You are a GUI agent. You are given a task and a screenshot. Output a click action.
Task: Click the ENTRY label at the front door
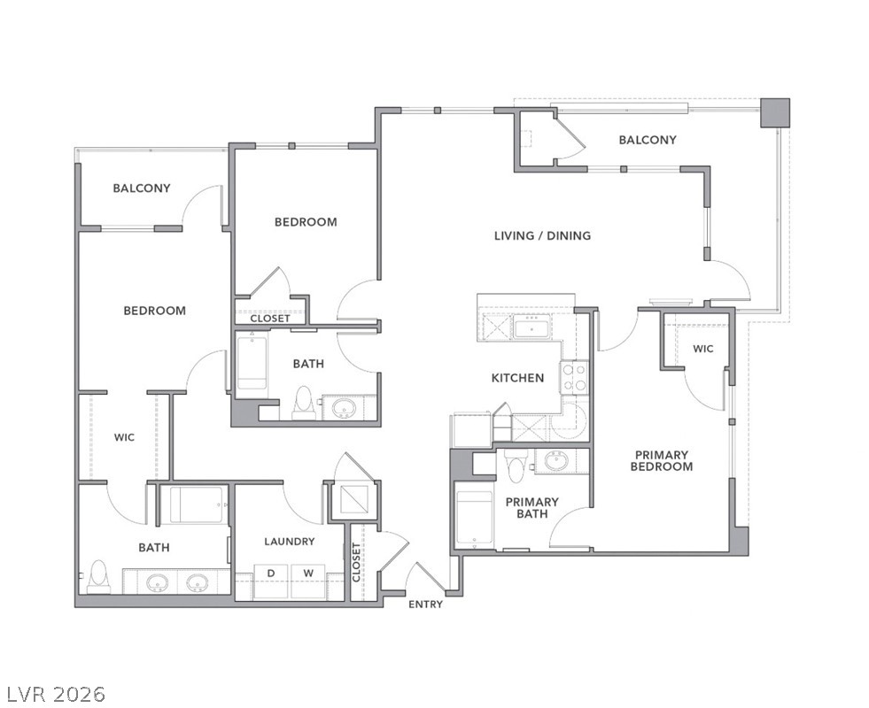tap(425, 604)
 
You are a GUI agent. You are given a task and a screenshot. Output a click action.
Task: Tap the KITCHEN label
tap(517, 378)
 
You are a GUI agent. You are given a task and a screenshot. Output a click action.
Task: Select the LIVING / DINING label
tap(542, 235)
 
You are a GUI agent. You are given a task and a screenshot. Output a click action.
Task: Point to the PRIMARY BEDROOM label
tap(662, 460)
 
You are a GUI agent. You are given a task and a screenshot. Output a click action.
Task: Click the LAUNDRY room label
tap(290, 542)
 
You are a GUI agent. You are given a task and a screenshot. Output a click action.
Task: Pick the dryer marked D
tap(272, 581)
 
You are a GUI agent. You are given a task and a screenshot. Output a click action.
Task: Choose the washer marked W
tap(308, 581)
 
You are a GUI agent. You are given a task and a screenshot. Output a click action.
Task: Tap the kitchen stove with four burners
tap(574, 376)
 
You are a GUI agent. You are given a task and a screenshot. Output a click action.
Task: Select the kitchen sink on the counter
tap(532, 327)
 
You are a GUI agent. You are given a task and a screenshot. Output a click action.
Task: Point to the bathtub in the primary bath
tap(474, 519)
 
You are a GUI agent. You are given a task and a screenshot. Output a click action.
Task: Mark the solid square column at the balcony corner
tap(775, 113)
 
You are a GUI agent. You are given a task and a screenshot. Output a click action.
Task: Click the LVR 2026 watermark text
tap(56, 694)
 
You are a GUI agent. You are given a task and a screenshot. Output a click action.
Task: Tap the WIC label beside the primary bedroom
tap(703, 349)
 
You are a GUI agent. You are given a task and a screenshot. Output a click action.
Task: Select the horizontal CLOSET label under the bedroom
tap(270, 319)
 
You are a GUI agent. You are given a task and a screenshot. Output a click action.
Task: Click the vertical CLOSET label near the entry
tap(356, 562)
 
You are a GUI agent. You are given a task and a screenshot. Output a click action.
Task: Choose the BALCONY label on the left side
tap(142, 189)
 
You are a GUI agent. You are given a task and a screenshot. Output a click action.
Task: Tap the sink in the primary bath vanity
tap(555, 460)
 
